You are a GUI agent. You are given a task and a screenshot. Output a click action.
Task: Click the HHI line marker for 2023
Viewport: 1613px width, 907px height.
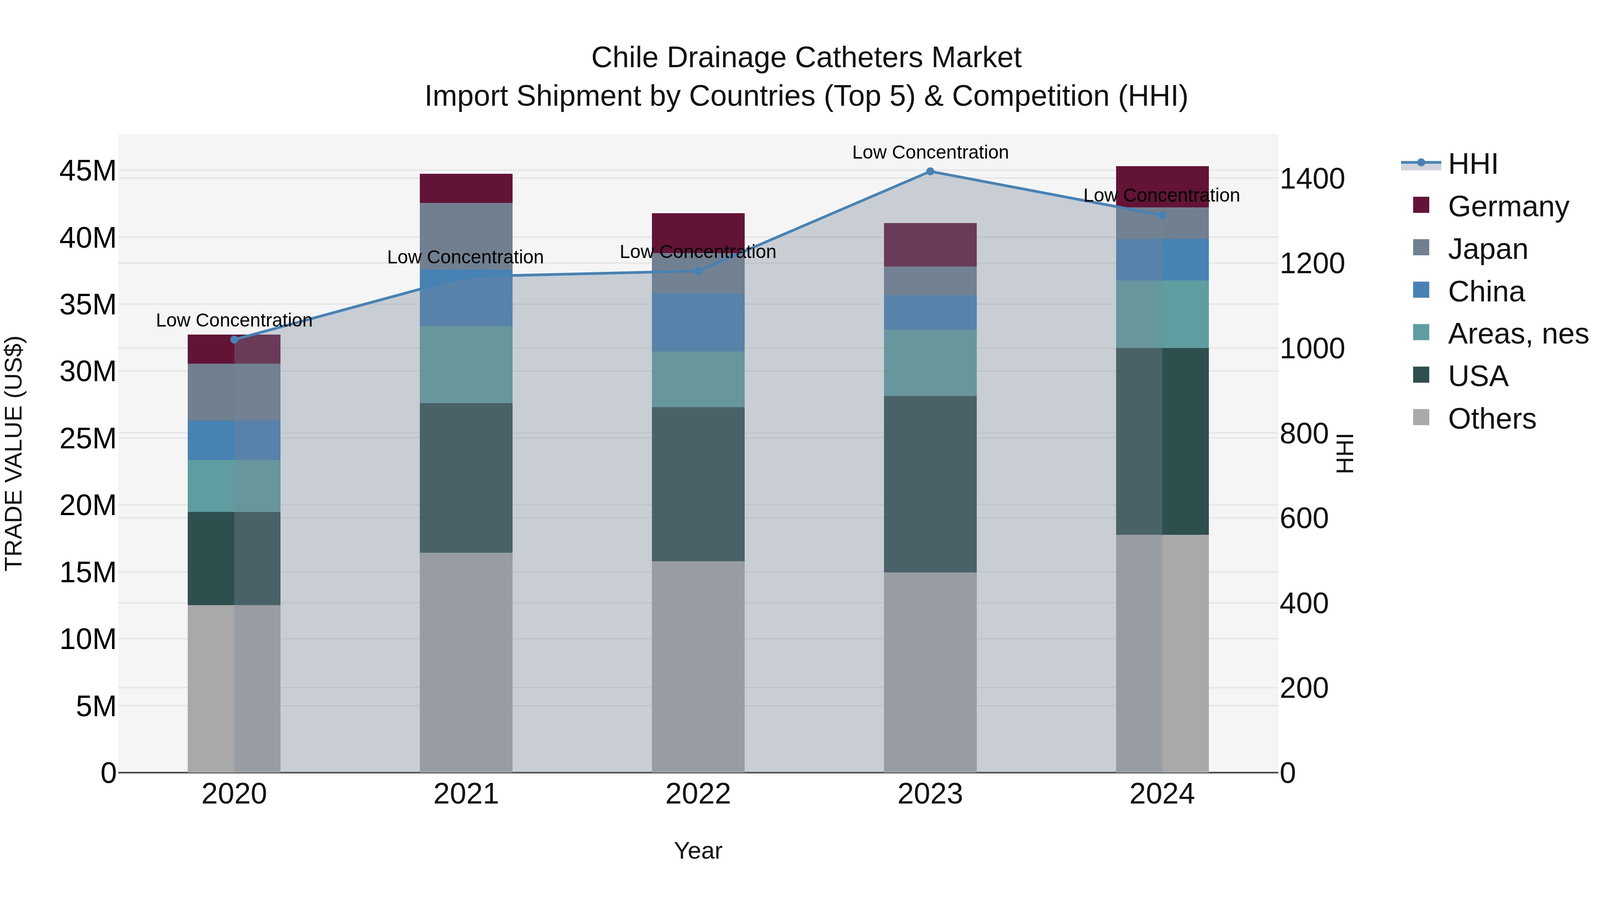(x=930, y=172)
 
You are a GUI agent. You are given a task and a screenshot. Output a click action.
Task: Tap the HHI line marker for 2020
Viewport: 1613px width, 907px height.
(x=234, y=340)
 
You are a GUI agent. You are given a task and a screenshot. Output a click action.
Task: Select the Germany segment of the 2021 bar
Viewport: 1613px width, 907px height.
(x=466, y=189)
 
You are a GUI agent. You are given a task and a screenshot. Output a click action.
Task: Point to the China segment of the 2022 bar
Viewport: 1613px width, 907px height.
(x=698, y=322)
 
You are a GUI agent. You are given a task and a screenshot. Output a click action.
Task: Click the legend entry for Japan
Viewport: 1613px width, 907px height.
(x=1487, y=249)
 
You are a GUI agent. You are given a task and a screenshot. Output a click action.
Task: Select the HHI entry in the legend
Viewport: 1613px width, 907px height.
(x=1471, y=164)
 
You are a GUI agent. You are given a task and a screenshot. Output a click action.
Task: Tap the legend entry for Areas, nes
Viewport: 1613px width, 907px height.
(x=1517, y=334)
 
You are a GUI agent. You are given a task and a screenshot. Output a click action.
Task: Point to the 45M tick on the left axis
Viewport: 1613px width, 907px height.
(x=88, y=171)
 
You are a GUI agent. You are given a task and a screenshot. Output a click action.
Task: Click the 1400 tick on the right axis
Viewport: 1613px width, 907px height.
(x=1311, y=179)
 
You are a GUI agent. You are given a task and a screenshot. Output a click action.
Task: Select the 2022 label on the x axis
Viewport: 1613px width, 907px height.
(x=698, y=794)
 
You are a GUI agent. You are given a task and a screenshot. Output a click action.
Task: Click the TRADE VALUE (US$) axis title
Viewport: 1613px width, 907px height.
(x=14, y=453)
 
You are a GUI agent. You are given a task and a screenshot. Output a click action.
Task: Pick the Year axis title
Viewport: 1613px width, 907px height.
(x=698, y=851)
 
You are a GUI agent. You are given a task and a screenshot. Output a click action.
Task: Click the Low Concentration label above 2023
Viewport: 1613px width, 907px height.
(x=930, y=152)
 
